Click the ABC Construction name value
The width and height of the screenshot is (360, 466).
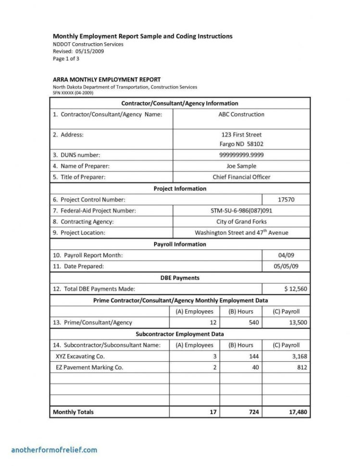pos(241,114)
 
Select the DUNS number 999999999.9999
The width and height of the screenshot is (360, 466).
pos(241,155)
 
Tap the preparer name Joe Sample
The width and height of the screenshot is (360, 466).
pos(241,166)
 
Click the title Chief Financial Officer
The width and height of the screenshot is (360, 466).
pos(241,177)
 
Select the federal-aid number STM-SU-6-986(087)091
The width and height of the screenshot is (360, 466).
pos(241,210)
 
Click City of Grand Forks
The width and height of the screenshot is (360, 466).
pos(241,221)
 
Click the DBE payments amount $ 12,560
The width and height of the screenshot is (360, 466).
pos(295,289)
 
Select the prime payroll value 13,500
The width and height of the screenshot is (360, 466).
pos(298,322)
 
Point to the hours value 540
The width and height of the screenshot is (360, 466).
pos(253,322)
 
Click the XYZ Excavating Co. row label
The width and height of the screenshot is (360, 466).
pos(80,356)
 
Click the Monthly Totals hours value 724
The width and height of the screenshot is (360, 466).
pos(253,412)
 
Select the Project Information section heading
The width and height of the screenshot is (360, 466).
pos(180,188)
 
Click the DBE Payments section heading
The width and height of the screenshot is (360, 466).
pos(180,278)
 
